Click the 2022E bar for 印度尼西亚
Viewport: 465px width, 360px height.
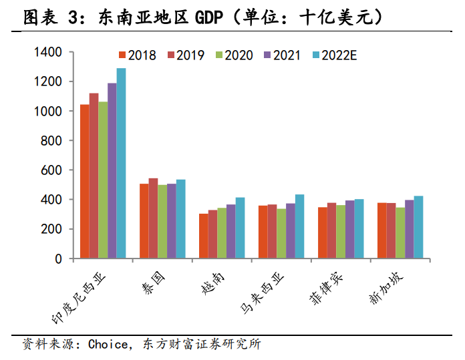(x=121, y=163)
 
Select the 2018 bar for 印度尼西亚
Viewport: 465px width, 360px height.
(x=85, y=181)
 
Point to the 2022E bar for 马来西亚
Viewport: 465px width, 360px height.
(x=299, y=226)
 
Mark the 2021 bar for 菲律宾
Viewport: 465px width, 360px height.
(x=349, y=229)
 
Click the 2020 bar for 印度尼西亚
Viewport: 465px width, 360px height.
(x=103, y=180)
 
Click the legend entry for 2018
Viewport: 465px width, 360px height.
(x=136, y=55)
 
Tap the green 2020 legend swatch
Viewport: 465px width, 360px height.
(x=218, y=55)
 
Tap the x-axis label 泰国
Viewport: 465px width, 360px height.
(x=150, y=280)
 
